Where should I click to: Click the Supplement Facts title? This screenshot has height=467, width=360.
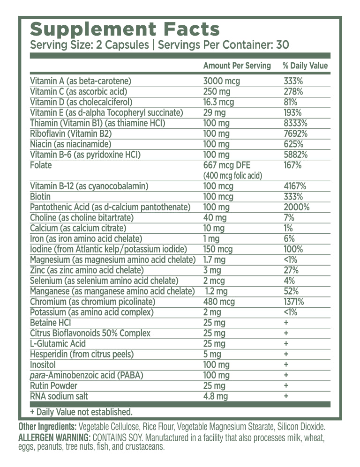click(125, 29)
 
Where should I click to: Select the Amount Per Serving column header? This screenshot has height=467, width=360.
click(237, 66)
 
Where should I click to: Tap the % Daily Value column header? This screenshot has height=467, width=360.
click(305, 66)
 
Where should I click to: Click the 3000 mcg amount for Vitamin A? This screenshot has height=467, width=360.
click(221, 81)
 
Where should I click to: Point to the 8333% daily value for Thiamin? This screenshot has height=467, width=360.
click(295, 123)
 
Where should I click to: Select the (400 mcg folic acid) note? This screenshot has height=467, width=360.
click(232, 176)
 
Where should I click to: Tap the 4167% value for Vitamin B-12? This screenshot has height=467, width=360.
click(295, 186)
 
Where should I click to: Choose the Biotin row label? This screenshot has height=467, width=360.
click(40, 197)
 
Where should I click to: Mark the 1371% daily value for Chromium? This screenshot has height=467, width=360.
click(294, 302)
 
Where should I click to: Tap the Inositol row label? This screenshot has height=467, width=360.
click(44, 364)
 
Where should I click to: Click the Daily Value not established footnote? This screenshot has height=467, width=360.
click(81, 412)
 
